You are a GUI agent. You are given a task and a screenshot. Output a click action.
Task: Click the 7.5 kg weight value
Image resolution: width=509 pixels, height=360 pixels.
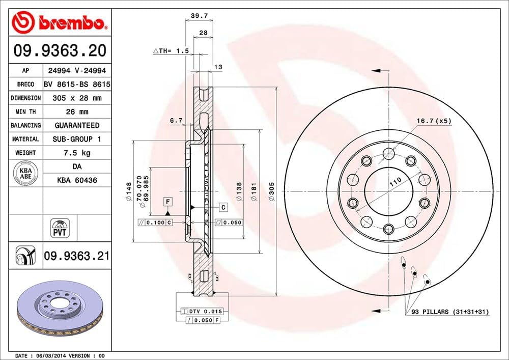point(77,153)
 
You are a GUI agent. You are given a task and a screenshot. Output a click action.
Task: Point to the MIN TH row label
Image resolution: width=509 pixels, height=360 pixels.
point(25,112)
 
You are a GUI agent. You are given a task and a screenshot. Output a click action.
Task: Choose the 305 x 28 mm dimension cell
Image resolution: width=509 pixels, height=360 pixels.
point(77,98)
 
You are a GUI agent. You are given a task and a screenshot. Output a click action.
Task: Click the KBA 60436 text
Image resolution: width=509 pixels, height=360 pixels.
point(77,180)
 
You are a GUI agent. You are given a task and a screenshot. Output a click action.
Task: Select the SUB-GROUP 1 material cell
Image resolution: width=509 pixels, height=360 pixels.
point(77,139)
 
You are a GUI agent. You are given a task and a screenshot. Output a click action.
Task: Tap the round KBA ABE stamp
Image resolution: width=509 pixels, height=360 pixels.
point(25,173)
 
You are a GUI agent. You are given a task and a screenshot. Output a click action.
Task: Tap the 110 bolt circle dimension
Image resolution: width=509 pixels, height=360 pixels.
point(395,182)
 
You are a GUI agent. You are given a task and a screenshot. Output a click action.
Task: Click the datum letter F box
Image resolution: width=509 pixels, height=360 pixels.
point(167,202)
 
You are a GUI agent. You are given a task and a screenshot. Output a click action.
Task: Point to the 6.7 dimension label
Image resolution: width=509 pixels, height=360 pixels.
point(176,121)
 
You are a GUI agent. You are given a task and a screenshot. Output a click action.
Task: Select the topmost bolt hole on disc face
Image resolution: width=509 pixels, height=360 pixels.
point(388,153)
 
